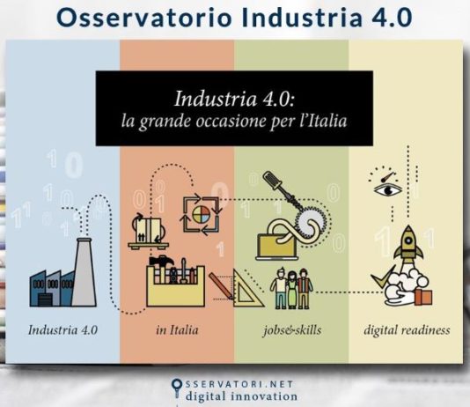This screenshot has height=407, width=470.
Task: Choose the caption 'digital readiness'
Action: click(408, 331)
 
